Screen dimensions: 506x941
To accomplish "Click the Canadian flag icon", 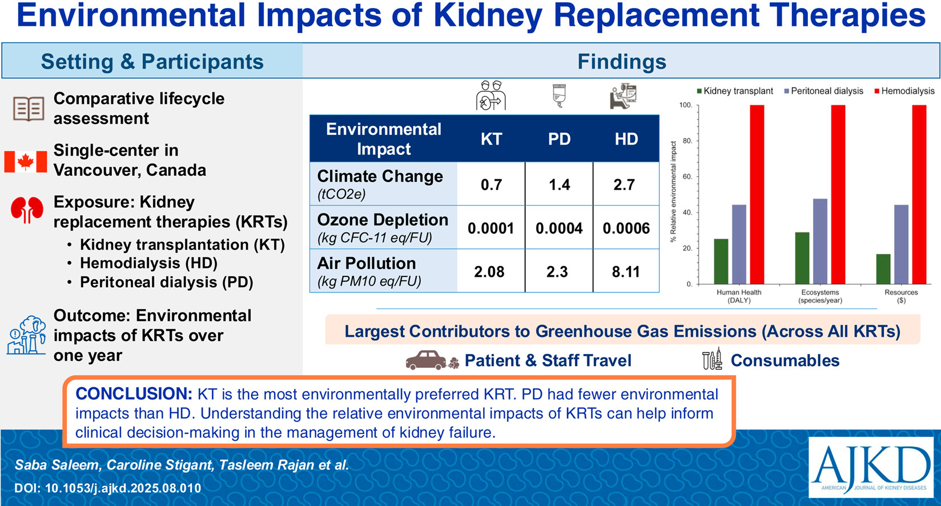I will click(26, 162).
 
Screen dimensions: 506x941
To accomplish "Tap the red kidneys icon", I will click(27, 210).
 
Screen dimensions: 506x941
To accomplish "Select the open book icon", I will click(29, 109).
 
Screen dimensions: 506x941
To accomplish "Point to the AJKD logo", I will click(871, 468).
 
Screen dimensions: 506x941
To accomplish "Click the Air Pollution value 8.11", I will click(626, 272).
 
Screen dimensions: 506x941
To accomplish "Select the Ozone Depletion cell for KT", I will click(491, 228).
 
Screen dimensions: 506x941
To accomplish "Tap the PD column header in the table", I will click(559, 139).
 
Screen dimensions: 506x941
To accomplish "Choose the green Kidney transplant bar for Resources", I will click(883, 269).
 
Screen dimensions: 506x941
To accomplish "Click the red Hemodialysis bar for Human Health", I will click(757, 194).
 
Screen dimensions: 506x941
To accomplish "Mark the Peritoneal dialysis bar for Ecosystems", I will click(820, 241).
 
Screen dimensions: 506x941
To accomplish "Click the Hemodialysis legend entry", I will click(907, 91).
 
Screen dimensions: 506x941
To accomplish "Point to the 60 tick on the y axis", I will click(687, 177).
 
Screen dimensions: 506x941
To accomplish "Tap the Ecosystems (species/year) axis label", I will click(820, 296).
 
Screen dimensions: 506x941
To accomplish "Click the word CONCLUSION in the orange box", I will click(134, 394).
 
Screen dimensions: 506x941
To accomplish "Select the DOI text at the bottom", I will click(108, 488).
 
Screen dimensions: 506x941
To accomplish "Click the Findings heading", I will click(622, 62).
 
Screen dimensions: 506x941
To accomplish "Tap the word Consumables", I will click(785, 360).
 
